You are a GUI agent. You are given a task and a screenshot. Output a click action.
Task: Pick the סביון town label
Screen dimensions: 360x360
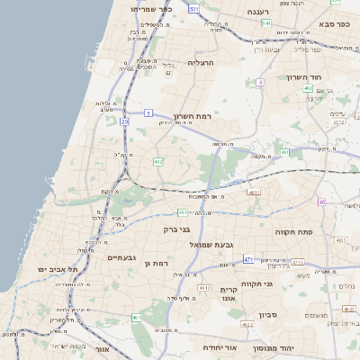pos(269,315)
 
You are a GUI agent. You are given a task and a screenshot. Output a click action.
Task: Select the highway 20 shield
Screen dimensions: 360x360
pos(124,121)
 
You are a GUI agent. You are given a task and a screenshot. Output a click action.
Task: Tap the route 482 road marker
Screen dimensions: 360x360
pos(157,162)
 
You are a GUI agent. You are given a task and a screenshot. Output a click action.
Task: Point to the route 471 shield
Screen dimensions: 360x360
pos(248,259)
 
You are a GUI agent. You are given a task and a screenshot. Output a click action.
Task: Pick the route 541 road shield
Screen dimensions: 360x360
pos(265,23)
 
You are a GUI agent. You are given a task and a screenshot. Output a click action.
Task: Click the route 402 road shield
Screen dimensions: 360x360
pos(308,89)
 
